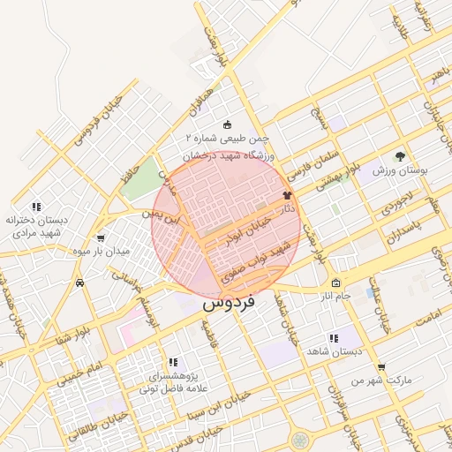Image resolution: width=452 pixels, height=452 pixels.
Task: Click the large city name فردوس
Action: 228,301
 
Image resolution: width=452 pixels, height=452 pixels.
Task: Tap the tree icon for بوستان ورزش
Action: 403,154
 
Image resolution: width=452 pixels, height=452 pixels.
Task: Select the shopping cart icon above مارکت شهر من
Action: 380,366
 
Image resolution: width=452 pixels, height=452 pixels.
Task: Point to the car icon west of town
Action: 80,283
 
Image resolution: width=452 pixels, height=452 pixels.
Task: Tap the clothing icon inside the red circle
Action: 286,196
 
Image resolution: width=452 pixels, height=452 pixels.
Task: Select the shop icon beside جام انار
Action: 335,283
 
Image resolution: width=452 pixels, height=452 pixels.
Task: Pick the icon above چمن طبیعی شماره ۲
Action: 228,125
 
